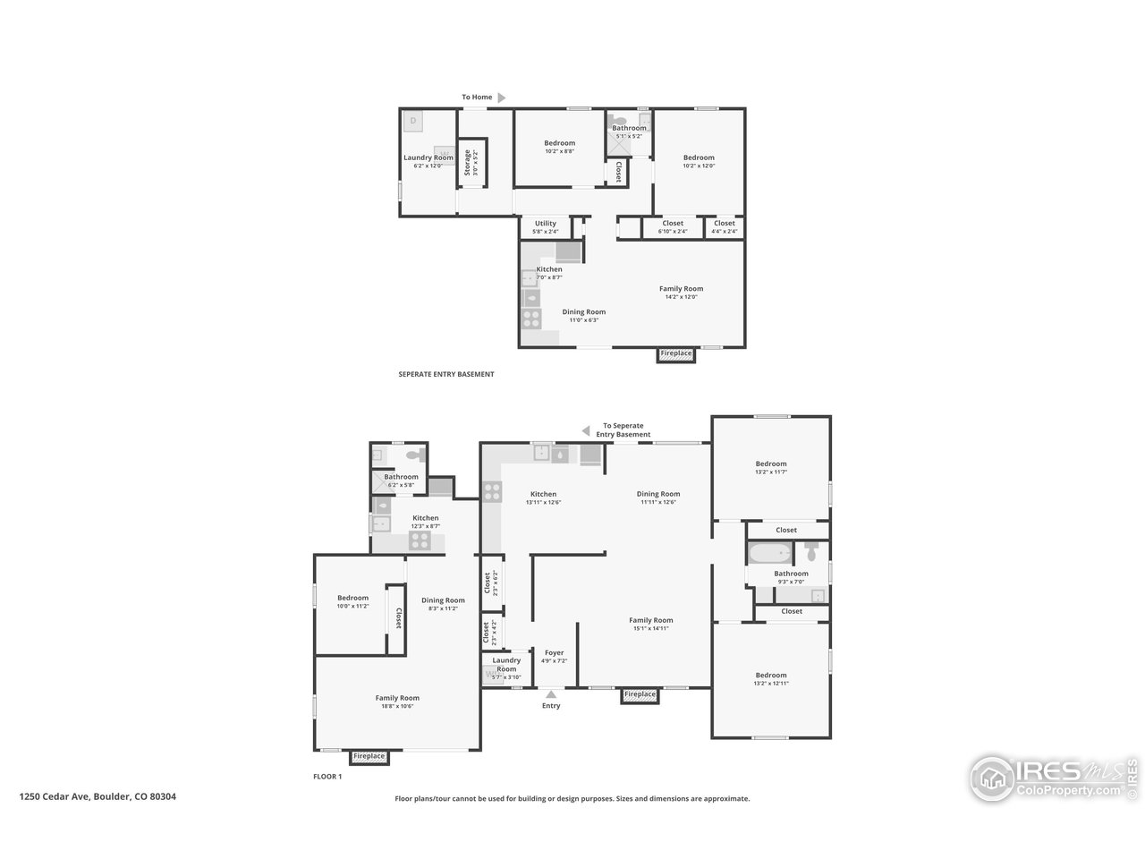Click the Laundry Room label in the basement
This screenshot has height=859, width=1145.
click(x=428, y=158)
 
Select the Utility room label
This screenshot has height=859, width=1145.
click(x=545, y=224)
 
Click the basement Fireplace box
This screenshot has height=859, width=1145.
click(x=675, y=354)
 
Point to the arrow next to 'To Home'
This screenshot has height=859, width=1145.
click(x=502, y=98)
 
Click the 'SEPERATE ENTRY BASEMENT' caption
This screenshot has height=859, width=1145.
click(x=445, y=374)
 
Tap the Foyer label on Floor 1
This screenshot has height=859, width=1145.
click(x=554, y=653)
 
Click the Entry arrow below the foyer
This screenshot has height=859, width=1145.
click(x=551, y=693)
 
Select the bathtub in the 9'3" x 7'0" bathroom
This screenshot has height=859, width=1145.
click(x=770, y=552)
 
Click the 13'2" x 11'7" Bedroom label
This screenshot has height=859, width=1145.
click(x=770, y=464)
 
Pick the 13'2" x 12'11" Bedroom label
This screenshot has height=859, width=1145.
click(x=770, y=676)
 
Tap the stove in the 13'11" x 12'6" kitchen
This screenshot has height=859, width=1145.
click(x=492, y=490)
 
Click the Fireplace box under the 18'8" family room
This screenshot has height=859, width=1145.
click(x=369, y=757)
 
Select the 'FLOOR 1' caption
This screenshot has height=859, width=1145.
click(x=327, y=777)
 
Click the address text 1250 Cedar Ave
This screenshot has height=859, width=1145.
click(x=98, y=795)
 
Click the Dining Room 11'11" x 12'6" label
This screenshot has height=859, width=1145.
click(x=658, y=494)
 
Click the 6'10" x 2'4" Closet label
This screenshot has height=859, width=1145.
click(x=673, y=224)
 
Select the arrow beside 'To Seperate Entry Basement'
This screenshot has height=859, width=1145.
click(x=586, y=430)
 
